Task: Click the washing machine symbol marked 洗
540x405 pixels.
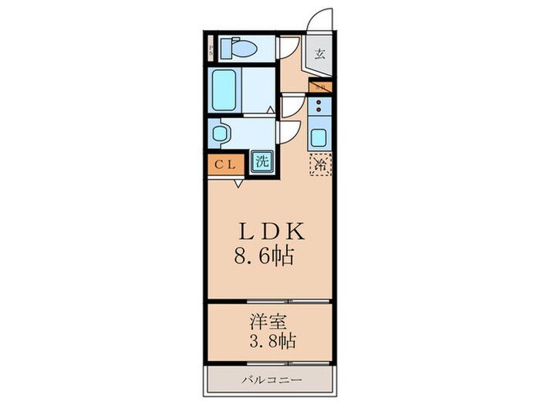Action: pyautogui.click(x=262, y=162)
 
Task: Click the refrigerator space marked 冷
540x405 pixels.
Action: pyautogui.click(x=320, y=164)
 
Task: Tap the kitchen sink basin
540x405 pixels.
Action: pyautogui.click(x=319, y=140)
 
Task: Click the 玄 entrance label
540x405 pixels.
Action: pyautogui.click(x=319, y=54)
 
